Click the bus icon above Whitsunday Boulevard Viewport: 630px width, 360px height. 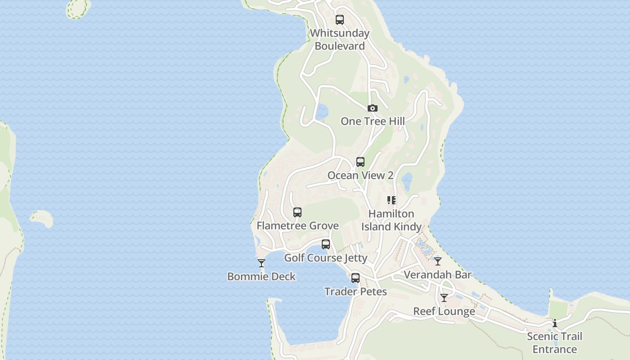(x=340, y=20)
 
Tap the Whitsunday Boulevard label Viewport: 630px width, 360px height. (x=340, y=40)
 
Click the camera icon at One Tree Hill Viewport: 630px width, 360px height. (x=372, y=108)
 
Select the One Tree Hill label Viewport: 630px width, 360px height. (x=373, y=121)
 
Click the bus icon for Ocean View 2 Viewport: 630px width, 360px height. (x=360, y=162)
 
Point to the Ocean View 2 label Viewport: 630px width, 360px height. (x=360, y=175)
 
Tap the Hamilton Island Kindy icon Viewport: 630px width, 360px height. (x=391, y=200)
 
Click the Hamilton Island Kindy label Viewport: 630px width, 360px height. (x=391, y=220)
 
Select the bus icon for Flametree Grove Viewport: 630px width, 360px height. (x=297, y=212)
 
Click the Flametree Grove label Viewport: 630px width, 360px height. (x=297, y=225)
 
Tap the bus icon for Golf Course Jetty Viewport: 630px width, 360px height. (x=326, y=245)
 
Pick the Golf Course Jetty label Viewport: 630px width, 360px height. (x=326, y=258)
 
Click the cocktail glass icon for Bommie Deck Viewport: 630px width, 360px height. (x=261, y=263)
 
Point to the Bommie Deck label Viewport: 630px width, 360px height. (x=261, y=276)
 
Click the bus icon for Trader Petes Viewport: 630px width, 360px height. (x=355, y=278)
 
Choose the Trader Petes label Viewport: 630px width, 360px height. (x=355, y=292)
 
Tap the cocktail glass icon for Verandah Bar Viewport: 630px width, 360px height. (x=438, y=261)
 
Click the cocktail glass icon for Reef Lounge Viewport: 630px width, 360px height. (x=444, y=298)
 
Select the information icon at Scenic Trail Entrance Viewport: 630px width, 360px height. (x=554, y=323)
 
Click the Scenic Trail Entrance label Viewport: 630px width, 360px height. (x=554, y=343)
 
